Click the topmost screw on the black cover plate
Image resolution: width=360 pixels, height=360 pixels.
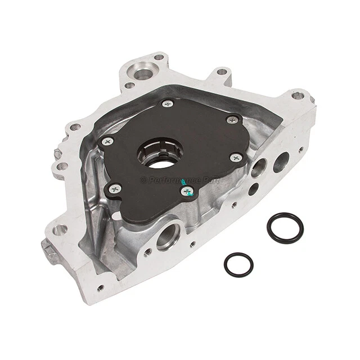point(167,103)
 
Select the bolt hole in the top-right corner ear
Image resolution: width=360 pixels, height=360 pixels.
point(297,96)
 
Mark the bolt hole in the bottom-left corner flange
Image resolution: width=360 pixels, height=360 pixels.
point(60,229)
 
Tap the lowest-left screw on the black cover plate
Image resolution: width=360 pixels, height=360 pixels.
point(115,189)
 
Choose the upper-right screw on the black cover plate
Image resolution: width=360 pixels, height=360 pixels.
point(232,120)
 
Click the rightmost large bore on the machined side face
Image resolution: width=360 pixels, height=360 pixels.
point(281,162)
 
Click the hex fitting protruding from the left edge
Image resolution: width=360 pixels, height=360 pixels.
point(57,154)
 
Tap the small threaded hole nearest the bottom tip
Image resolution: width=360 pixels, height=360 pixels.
point(101,287)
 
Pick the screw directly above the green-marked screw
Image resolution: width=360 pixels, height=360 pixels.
point(237,158)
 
